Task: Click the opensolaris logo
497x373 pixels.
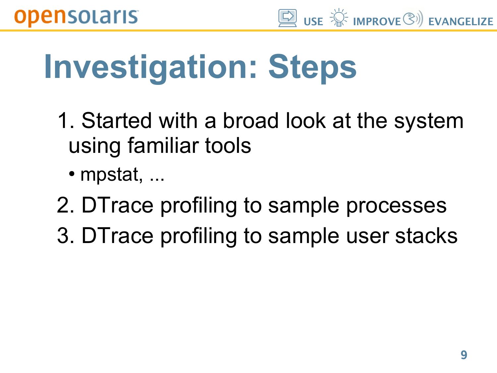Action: coord(76,18)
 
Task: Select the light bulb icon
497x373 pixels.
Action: coord(339,18)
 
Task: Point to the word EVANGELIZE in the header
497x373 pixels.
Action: coord(461,22)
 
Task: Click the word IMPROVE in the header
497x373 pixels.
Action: coord(377,22)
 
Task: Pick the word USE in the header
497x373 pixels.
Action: coord(313,22)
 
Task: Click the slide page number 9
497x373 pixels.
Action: coord(464,355)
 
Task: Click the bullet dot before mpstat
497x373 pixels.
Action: coord(72,174)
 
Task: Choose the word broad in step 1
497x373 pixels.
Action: coord(250,121)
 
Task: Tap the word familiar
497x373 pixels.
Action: coord(163,146)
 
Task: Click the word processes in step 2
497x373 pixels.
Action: coord(396,206)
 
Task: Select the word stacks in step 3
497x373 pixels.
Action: coord(426,235)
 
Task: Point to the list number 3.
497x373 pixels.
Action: coord(65,235)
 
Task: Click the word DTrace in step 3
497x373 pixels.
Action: coord(117,235)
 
